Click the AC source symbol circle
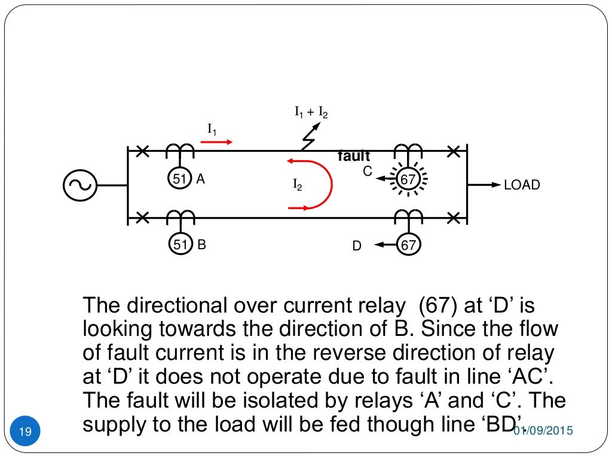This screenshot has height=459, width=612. [79, 185]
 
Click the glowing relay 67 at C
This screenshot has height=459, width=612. [408, 179]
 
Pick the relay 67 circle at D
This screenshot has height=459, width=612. [408, 244]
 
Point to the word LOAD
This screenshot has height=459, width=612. [522, 185]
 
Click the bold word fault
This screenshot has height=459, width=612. [354, 157]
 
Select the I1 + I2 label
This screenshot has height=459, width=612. [311, 112]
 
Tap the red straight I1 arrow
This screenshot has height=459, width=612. [216, 142]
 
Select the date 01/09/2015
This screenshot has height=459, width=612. [544, 431]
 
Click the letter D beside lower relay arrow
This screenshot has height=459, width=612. [357, 246]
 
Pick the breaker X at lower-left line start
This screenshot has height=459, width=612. [142, 218]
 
